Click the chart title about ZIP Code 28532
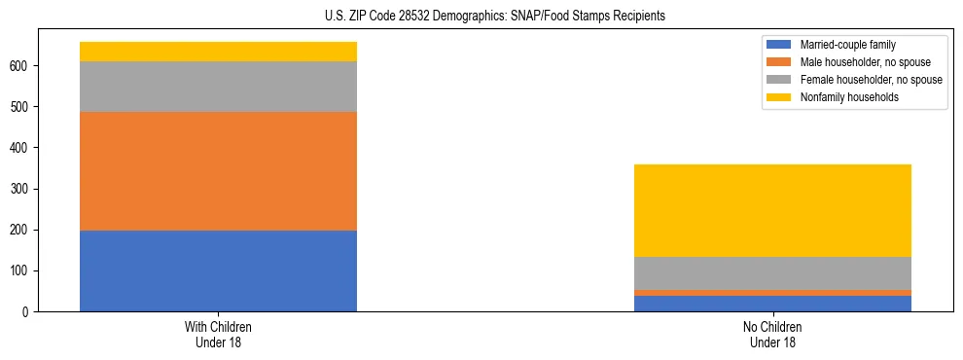[481, 17]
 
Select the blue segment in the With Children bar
[218, 270]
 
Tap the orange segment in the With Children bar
[218, 171]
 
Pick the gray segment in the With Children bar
[218, 87]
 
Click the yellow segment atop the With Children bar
[218, 52]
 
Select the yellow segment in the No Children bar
[772, 210]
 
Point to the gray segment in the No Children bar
[772, 273]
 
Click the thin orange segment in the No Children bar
[772, 293]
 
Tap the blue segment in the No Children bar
[772, 304]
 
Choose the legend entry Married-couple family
[847, 45]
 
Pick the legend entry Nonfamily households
[849, 97]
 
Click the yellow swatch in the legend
[780, 97]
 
